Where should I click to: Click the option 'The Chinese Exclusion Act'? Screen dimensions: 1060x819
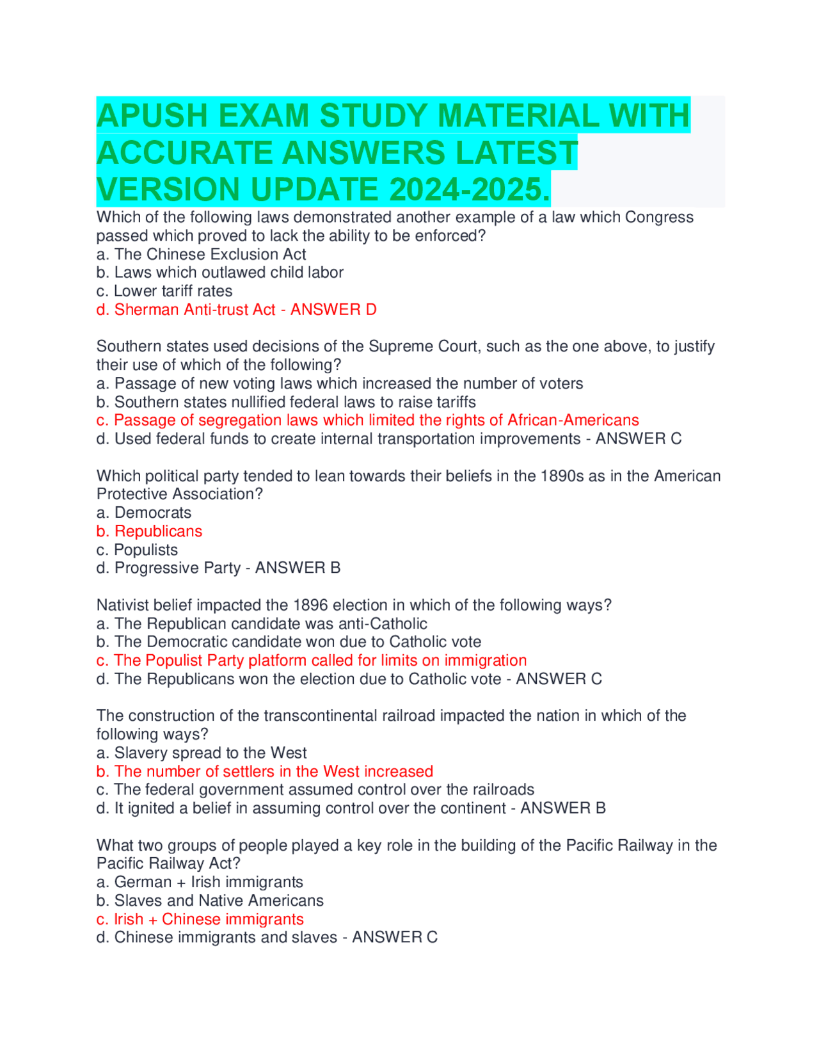201,254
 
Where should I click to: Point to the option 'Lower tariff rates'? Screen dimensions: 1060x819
164,291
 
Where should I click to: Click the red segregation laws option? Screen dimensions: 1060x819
367,420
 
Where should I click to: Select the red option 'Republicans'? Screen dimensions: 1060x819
149,531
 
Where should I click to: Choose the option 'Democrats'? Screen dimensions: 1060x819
144,513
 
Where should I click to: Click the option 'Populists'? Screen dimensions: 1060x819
137,550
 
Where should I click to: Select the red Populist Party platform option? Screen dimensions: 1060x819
312,661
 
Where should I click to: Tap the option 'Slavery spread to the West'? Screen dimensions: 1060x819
202,753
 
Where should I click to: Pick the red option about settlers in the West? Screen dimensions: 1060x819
265,771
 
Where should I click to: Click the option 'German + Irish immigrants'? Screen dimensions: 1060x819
200,882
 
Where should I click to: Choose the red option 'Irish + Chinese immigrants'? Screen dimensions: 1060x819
200,919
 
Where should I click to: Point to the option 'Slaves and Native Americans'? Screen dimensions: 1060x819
210,901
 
